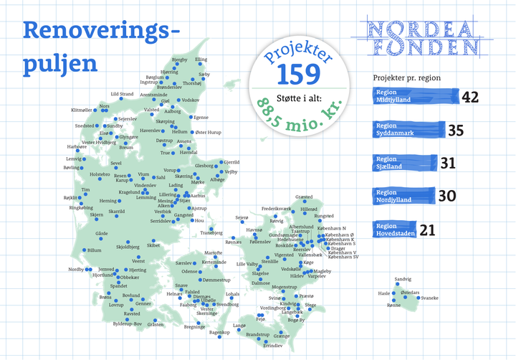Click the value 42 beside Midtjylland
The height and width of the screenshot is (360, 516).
470,96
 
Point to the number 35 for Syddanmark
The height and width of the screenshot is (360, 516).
457,131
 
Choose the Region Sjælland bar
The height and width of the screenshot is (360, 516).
405,164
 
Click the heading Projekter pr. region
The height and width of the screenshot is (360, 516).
406,77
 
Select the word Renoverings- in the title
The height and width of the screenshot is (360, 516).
100,30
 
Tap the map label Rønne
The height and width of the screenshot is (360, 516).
393,305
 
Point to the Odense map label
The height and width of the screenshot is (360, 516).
189,272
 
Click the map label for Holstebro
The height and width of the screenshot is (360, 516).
99,174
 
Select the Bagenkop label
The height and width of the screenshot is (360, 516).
219,333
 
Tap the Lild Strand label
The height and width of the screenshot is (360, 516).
122,94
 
